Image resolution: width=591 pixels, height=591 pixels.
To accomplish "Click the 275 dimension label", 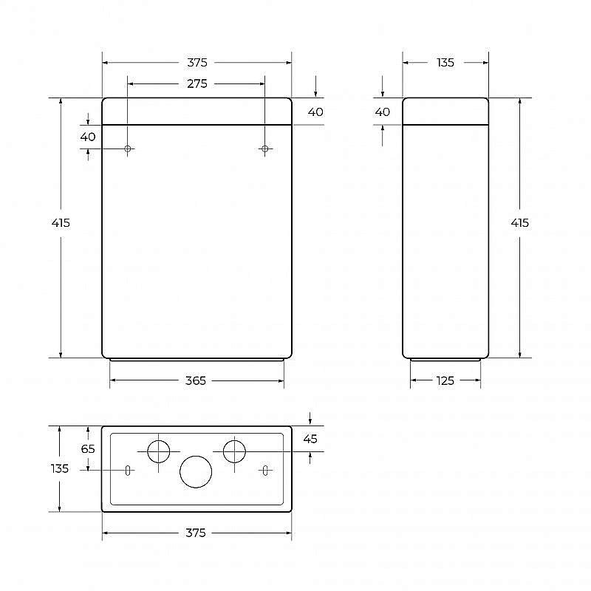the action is [x=197, y=83].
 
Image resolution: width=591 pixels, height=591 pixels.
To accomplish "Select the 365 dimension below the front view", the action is [x=196, y=380].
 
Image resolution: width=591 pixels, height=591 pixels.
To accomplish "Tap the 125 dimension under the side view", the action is [x=445, y=380].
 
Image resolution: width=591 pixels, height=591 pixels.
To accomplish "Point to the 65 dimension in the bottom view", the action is [x=88, y=448].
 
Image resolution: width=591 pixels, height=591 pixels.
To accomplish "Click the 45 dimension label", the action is [x=310, y=439].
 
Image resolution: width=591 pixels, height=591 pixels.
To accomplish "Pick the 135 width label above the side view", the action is [x=445, y=63].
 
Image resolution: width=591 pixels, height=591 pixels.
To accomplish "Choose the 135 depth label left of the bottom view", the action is [x=60, y=468].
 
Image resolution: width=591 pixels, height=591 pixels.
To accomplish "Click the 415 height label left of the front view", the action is [x=61, y=223].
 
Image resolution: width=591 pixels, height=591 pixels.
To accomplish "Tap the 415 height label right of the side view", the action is [x=520, y=223].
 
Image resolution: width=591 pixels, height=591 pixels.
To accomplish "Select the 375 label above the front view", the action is [x=197, y=63].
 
